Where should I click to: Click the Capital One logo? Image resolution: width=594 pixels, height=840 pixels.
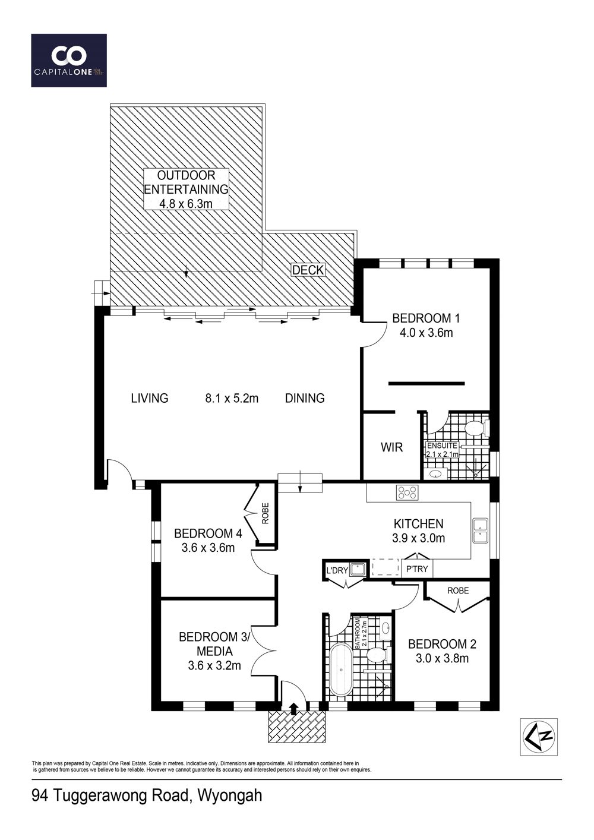(69, 61)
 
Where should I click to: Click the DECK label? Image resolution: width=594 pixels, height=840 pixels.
(308, 270)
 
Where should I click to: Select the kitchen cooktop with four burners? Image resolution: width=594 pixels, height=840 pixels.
(407, 492)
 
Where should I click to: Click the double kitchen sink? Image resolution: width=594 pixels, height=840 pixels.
(481, 530)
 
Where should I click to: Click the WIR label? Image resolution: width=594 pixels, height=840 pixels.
(391, 447)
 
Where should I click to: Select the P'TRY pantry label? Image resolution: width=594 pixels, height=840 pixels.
(417, 569)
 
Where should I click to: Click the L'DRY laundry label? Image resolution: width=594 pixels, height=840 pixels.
(337, 570)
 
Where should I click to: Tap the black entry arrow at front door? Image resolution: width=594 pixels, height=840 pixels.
(294, 708)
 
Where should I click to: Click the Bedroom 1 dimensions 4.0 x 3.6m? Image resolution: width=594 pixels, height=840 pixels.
(426, 333)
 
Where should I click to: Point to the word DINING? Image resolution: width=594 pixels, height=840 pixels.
(305, 398)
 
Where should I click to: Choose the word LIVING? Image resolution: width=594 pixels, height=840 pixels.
(150, 398)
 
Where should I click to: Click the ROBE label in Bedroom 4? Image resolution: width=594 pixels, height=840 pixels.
(266, 513)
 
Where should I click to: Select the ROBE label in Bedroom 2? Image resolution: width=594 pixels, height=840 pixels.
(458, 590)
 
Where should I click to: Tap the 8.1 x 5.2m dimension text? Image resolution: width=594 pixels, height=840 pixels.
(232, 398)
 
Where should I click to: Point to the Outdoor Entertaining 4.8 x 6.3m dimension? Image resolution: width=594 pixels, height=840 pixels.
(186, 204)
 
